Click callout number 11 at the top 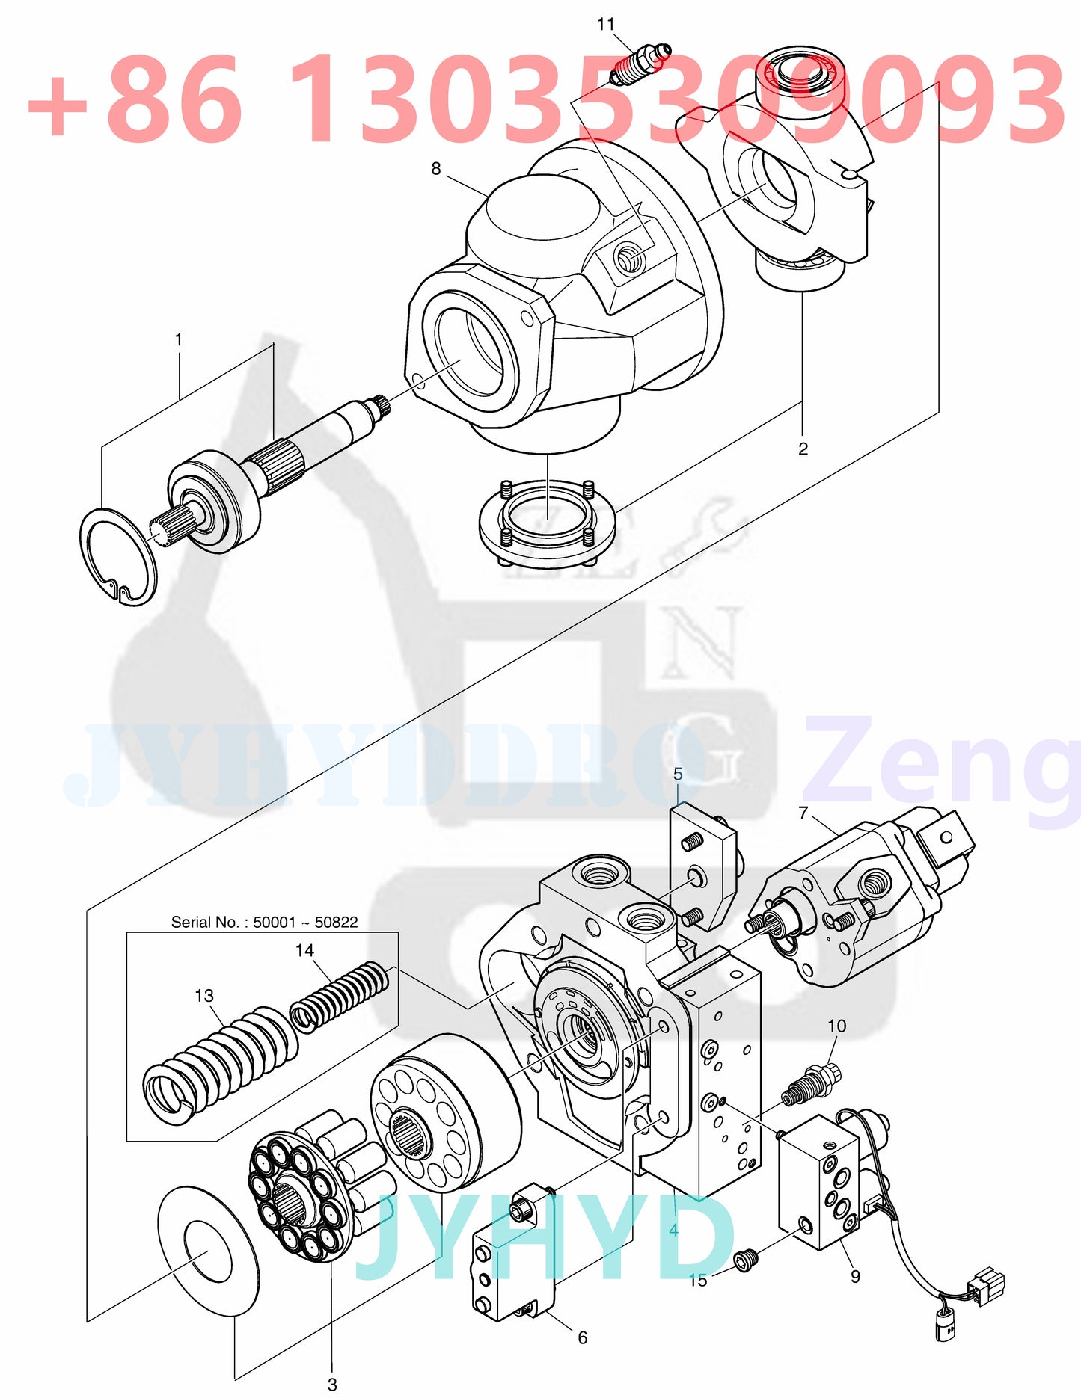pos(605,25)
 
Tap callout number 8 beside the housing pos(436,169)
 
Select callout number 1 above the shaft pos(179,340)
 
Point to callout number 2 pos(803,449)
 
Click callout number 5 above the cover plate pos(678,774)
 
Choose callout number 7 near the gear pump pos(803,813)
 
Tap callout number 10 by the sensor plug pos(836,1026)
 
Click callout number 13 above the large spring pos(203,996)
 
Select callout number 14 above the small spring pos(304,950)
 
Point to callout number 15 pos(698,1281)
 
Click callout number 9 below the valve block pos(855,1276)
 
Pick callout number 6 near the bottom pos(583,1337)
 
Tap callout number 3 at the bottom pos(332,1385)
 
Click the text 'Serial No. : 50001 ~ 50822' pos(264,922)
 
